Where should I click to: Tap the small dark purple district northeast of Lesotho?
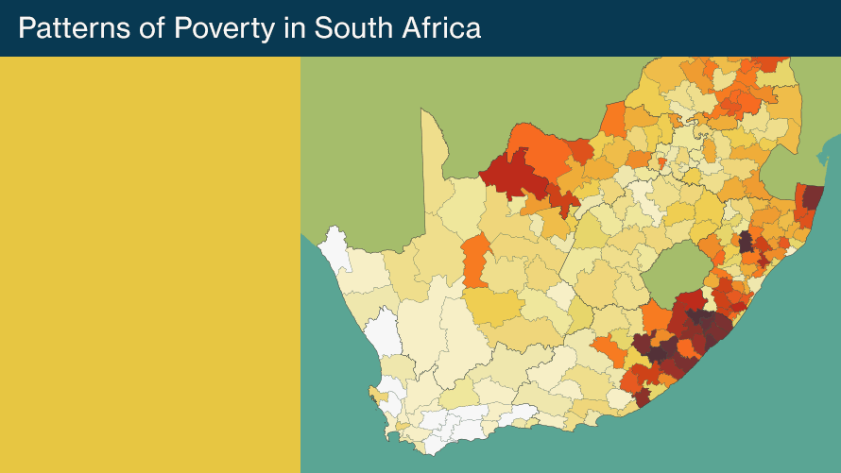click(746, 241)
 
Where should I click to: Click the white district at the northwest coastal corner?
click(335, 247)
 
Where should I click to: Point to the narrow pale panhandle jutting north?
click(434, 151)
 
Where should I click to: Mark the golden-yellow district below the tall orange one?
click(491, 307)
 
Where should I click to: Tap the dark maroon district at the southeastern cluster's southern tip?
click(643, 397)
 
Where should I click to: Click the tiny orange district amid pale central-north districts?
click(662, 162)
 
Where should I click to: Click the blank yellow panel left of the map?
click(150, 264)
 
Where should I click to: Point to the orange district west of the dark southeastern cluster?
click(609, 352)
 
